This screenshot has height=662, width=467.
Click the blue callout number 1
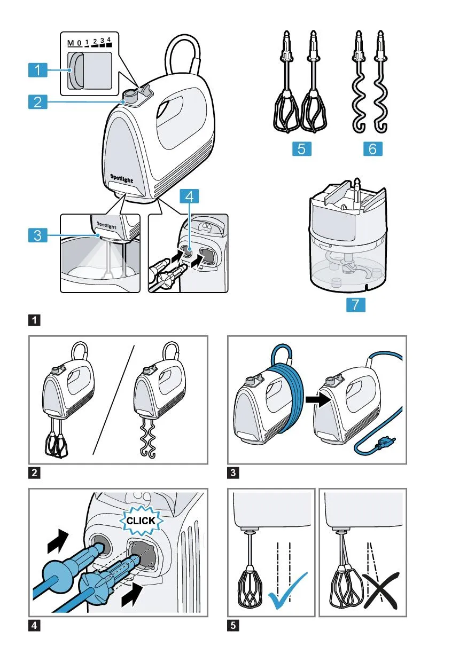coord(37,69)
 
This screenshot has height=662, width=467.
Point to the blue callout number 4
coord(191,196)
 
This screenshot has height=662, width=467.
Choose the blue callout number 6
coord(372,149)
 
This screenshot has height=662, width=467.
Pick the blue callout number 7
coord(355,305)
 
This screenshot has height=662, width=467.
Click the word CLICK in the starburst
coord(141,521)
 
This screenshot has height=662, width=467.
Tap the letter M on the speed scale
coord(71,43)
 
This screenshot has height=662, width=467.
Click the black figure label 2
coord(34,473)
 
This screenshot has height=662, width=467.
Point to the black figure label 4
coord(34,626)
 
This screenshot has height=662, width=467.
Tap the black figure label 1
coord(34,321)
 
